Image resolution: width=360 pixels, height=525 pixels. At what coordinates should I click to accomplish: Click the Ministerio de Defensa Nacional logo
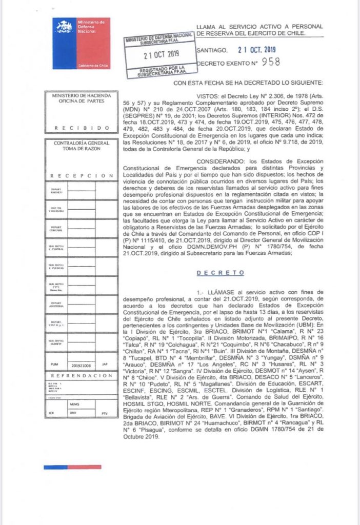coord(82,44)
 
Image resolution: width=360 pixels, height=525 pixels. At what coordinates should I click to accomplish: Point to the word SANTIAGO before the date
coord(212,50)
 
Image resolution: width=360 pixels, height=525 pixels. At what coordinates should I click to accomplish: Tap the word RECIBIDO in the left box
coord(79,128)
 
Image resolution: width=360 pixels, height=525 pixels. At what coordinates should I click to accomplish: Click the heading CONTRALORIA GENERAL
coord(79,143)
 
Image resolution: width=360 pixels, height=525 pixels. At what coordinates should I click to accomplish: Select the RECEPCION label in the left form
coord(79,175)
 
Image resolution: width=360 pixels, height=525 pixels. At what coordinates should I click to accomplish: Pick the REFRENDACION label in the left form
coord(79,375)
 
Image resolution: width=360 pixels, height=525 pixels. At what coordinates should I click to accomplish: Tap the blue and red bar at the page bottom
coord(72,467)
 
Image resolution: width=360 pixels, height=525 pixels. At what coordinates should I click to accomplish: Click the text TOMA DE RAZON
coord(79,149)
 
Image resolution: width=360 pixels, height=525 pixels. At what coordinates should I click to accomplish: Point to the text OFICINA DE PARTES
coord(79,101)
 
